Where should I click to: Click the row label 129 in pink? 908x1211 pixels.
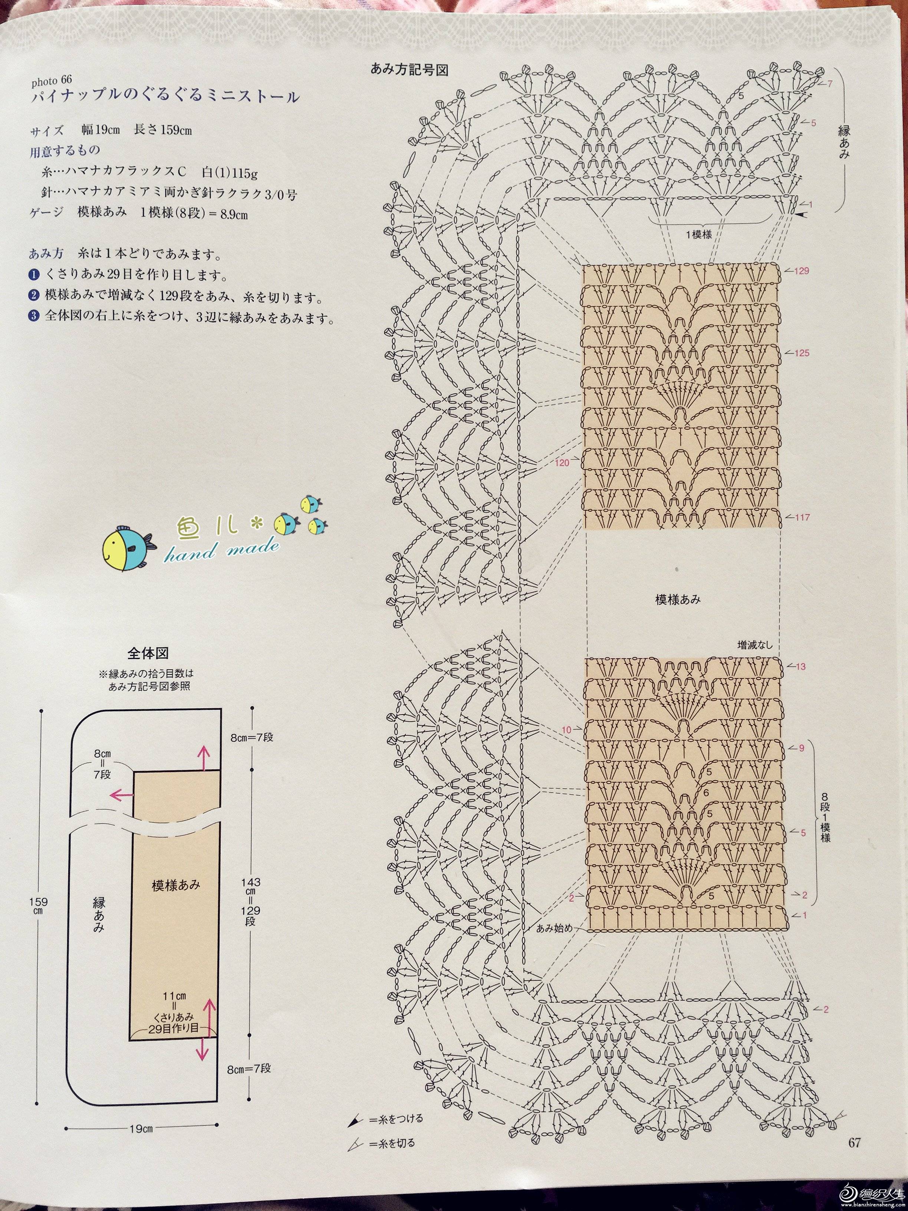pyautogui.click(x=802, y=271)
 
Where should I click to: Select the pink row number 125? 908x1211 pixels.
pyautogui.click(x=802, y=353)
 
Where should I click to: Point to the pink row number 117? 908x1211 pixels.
pyautogui.click(x=802, y=517)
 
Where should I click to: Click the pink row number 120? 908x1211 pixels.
pyautogui.click(x=562, y=463)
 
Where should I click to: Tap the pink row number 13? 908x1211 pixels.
pyautogui.click(x=801, y=667)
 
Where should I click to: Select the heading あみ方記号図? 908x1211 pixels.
pyautogui.click(x=409, y=70)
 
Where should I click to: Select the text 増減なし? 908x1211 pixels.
pyautogui.click(x=755, y=644)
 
